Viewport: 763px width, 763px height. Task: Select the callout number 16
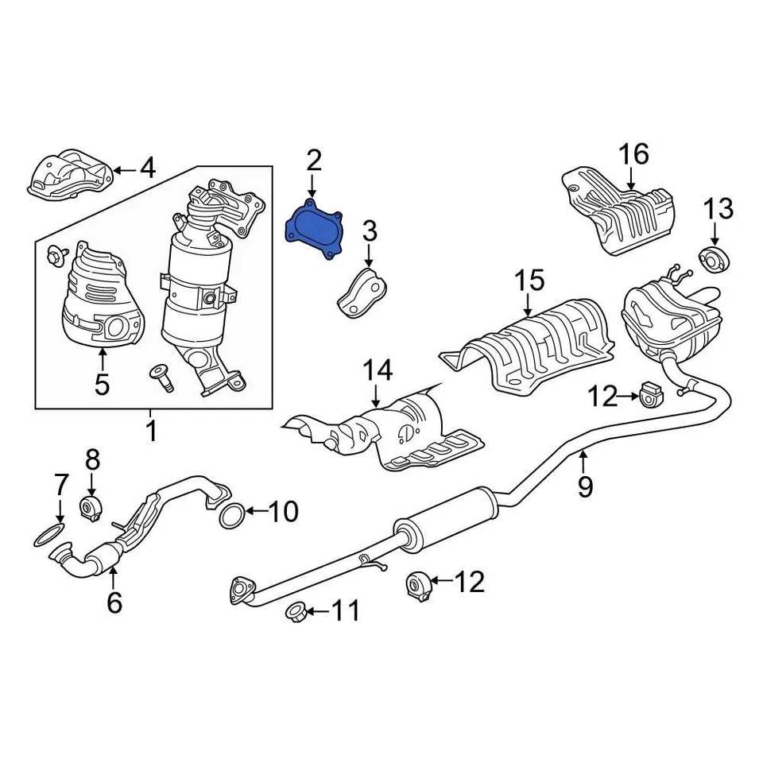coord(634,153)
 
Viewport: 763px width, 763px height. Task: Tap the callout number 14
coord(378,370)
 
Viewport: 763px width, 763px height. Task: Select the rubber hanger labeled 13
coord(713,258)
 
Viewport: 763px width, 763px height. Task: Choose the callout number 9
coord(585,486)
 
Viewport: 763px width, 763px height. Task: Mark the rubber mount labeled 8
coord(91,507)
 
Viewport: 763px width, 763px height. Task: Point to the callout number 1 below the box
coord(150,432)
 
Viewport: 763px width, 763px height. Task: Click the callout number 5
coord(102,384)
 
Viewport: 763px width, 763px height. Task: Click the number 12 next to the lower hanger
coord(470,583)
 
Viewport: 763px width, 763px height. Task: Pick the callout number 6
coord(114,602)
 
